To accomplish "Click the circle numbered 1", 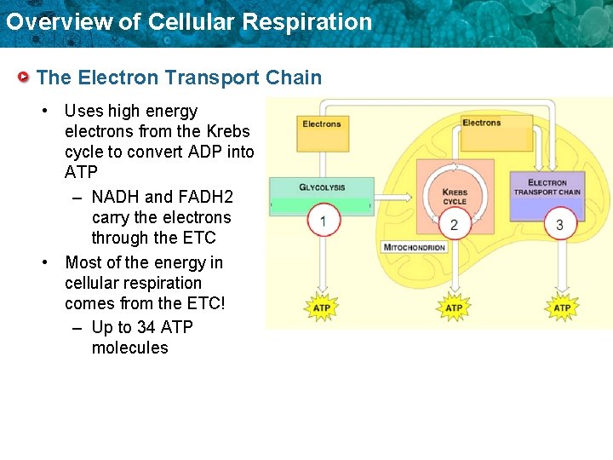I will coord(323,221).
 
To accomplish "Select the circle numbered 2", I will coord(455,225).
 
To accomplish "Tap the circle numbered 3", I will coord(559,225).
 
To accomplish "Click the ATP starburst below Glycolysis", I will coord(323,308).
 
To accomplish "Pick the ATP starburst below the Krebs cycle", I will coord(455,308).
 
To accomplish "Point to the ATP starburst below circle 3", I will coord(562,308).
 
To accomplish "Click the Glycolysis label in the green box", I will coord(322,187).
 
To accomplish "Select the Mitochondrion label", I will coord(415,247).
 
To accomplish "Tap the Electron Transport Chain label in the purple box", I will coord(547,187).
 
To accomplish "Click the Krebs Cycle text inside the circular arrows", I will coord(455,197).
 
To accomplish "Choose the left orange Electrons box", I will coord(322,124).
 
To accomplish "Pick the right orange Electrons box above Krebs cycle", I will coord(482,123).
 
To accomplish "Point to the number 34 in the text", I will coord(146,327).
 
